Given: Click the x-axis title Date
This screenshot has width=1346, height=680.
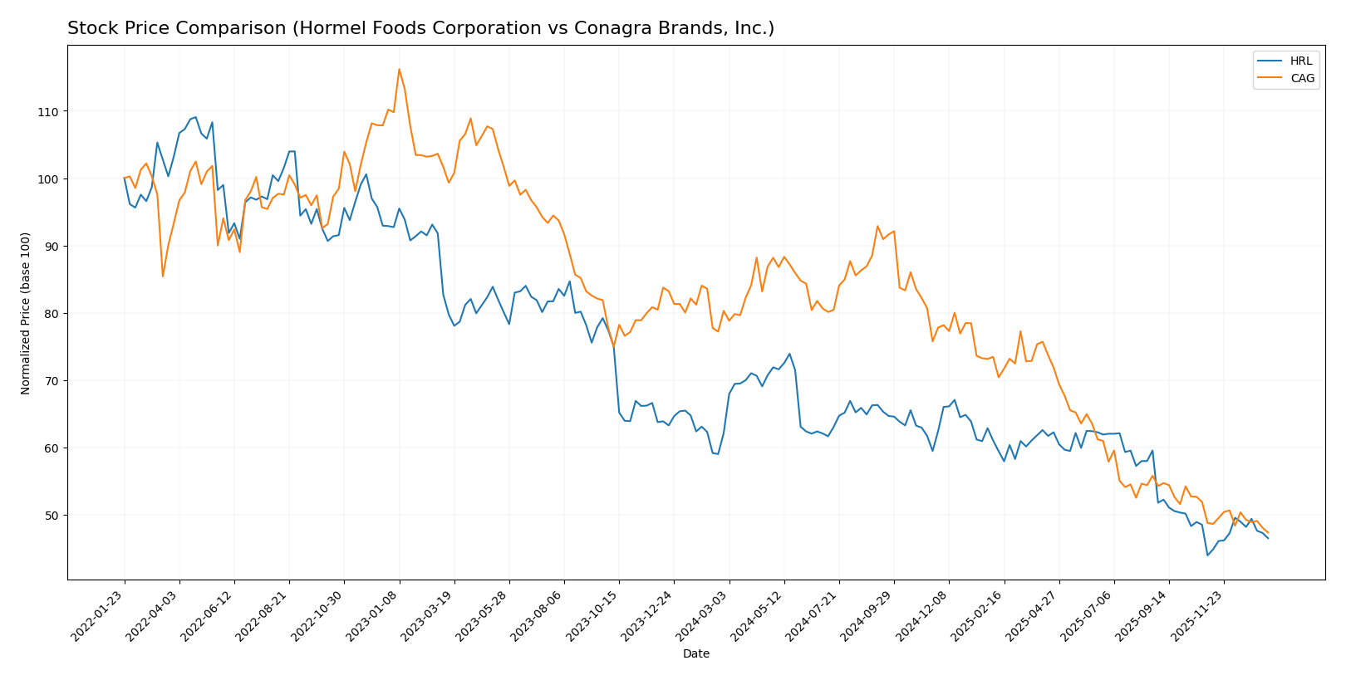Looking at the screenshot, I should point(695,654).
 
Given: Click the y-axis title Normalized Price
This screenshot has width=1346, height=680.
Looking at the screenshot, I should point(26,313).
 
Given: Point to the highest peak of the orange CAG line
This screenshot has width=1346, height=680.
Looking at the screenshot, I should point(399,69).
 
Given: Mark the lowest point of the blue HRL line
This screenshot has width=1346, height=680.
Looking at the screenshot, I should point(1207,555).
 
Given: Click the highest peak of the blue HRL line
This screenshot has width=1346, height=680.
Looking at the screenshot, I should point(195,117).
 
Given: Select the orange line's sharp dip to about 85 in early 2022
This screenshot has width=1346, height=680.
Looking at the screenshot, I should point(163,276).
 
